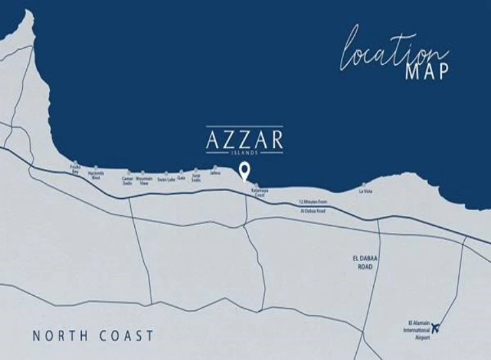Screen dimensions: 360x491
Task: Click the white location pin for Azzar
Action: [x=245, y=171]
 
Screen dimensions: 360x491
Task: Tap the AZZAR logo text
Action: [x=245, y=139]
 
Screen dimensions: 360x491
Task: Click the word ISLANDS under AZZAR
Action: [x=245, y=152]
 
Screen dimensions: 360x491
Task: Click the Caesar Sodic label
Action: [x=127, y=179]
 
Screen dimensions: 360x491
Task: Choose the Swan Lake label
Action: [x=166, y=179]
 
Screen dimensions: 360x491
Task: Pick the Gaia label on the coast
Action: [x=181, y=177]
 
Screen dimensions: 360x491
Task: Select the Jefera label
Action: [x=215, y=173]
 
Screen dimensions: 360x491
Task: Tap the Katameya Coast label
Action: [x=258, y=193]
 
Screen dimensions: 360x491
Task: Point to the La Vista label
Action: [x=365, y=192]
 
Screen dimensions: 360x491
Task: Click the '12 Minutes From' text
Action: [x=312, y=202]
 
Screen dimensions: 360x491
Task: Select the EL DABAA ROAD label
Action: [x=362, y=263]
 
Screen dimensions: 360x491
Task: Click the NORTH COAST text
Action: [x=93, y=336]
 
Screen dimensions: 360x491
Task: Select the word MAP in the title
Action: [x=427, y=71]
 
